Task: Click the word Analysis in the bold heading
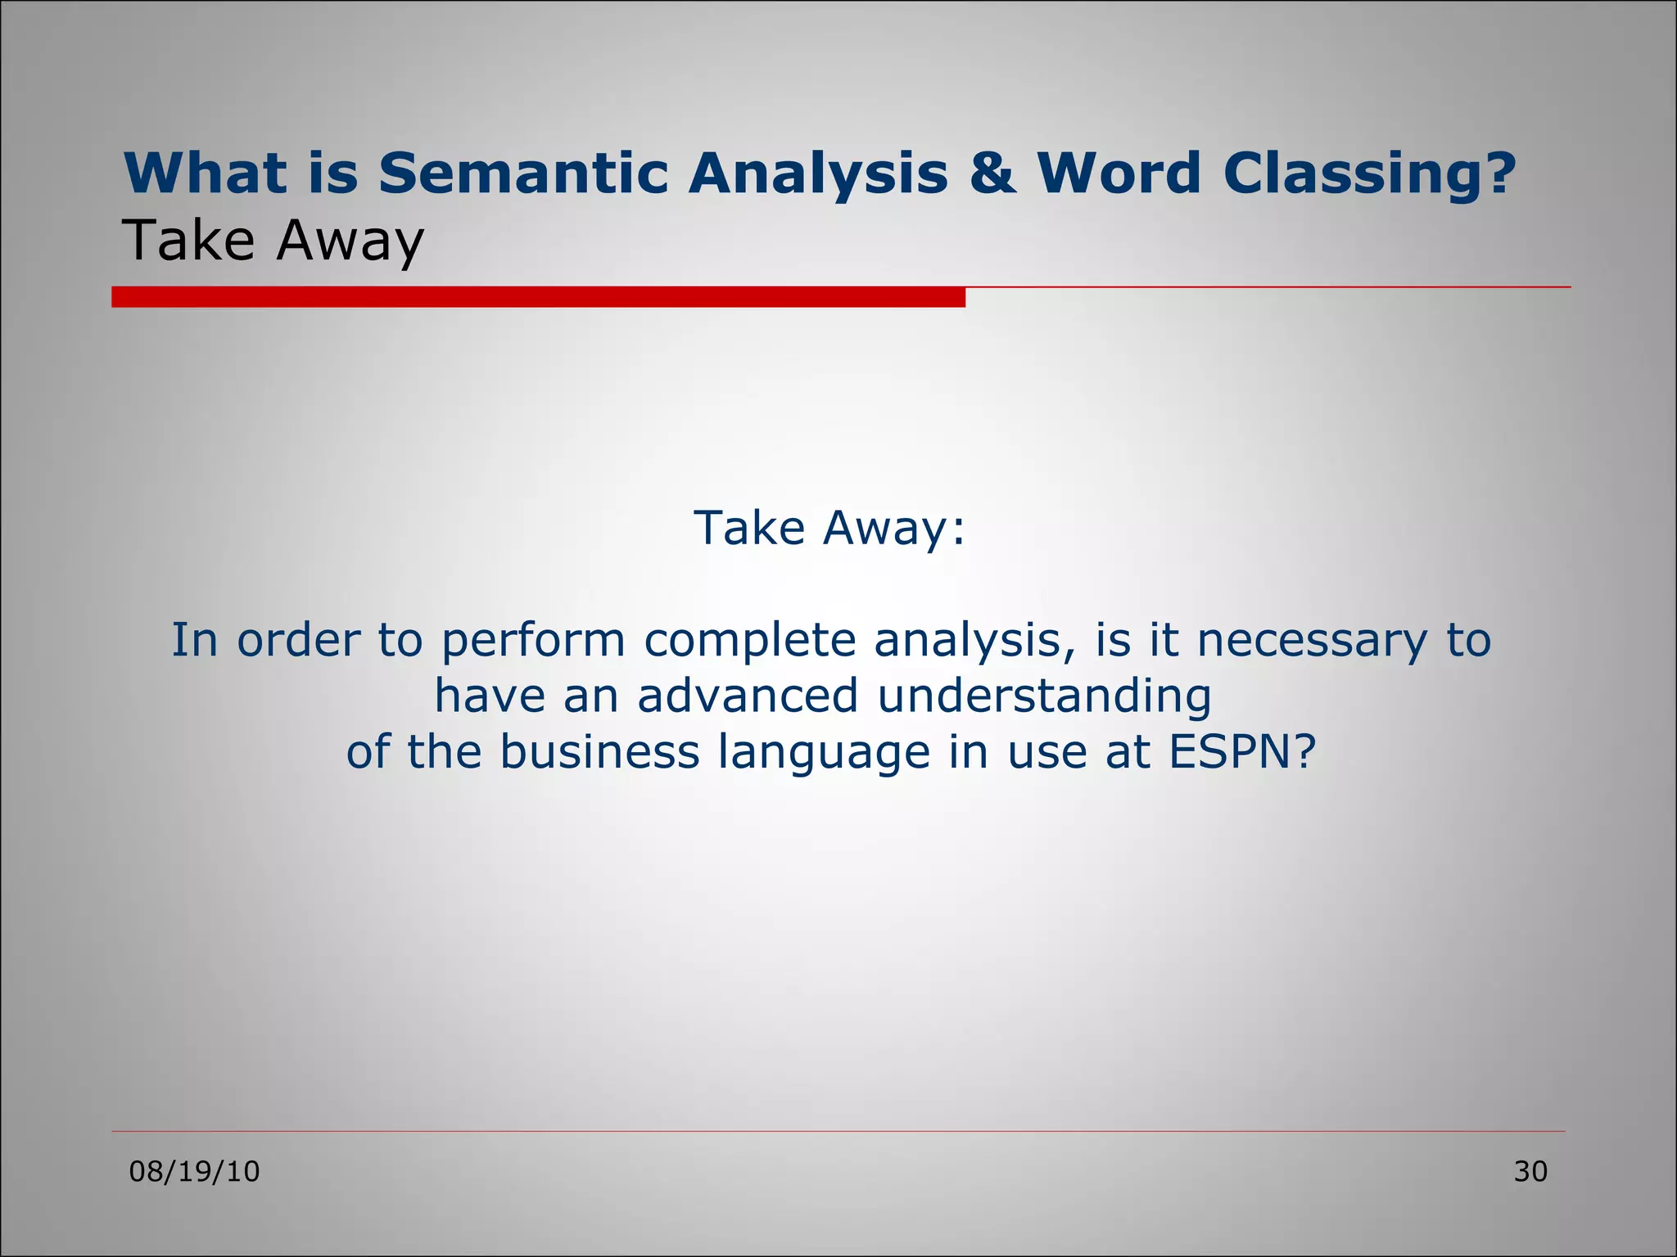tap(817, 173)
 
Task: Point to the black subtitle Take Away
tap(273, 241)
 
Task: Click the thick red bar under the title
tap(538, 297)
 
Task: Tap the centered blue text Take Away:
tap(829, 528)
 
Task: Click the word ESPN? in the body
tap(1241, 751)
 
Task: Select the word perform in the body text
tap(533, 640)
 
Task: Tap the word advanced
tap(747, 696)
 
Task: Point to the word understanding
tap(1044, 696)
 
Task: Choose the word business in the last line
tap(599, 751)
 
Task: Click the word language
tap(824, 751)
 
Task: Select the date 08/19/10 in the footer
tap(195, 1172)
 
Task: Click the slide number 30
tap(1530, 1172)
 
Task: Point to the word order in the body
tap(298, 640)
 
